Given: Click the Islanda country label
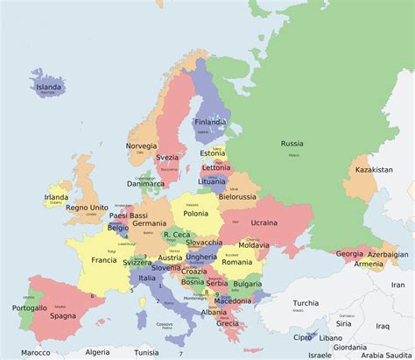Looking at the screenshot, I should [49, 88].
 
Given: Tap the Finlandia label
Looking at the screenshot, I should [210, 122].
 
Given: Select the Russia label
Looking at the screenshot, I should [292, 143].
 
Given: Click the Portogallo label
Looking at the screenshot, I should [30, 307].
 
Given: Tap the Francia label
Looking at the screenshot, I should [103, 260].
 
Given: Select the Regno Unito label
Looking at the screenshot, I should [86, 207].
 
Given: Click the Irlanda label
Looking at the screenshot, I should [56, 198].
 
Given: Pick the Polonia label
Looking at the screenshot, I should [196, 213].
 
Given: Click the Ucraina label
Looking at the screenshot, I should [264, 222].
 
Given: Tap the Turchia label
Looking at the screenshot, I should [306, 302].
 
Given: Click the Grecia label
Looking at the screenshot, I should [228, 322].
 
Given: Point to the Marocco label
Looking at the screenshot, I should [36, 353].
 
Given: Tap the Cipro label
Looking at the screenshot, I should [303, 336].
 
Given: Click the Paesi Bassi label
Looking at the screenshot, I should [129, 215].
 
